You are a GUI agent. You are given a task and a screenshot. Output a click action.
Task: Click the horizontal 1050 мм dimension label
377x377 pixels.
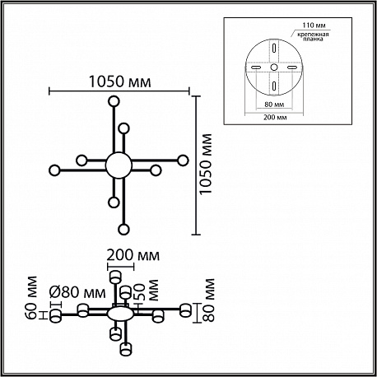click(x=120, y=81)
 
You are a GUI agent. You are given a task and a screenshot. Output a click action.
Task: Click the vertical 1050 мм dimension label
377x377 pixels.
click(x=206, y=165)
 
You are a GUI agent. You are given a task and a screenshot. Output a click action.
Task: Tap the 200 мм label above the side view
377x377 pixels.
click(x=133, y=255)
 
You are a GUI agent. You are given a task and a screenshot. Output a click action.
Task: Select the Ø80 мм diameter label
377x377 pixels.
click(x=77, y=292)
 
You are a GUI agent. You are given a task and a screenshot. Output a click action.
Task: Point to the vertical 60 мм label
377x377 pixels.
click(x=32, y=298)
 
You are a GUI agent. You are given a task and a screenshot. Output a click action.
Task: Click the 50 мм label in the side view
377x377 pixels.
click(x=147, y=291)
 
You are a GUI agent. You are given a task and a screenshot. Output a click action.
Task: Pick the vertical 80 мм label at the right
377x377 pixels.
click(x=207, y=300)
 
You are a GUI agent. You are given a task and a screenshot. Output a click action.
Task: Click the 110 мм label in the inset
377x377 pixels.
click(x=314, y=26)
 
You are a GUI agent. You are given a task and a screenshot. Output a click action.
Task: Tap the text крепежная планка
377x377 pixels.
click(x=314, y=37)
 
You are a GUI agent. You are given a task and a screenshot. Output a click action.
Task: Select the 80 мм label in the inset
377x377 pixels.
click(x=274, y=105)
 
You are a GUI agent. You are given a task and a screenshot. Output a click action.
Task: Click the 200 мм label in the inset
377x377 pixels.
click(x=275, y=118)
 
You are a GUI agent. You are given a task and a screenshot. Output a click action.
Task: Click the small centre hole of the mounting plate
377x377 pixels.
click(x=274, y=67)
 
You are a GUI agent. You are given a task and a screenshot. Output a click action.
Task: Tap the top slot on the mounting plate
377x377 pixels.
click(x=274, y=49)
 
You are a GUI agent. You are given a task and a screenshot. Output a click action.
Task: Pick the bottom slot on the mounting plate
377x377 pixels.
click(x=274, y=86)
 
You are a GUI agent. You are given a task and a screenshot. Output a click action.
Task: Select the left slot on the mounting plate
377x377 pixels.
click(x=256, y=67)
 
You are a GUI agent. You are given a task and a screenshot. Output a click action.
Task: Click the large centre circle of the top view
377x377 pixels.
click(x=119, y=165)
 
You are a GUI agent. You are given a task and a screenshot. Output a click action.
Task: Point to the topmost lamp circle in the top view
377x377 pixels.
click(x=114, y=101)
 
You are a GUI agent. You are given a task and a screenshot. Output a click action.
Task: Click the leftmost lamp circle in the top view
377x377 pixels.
click(x=54, y=170)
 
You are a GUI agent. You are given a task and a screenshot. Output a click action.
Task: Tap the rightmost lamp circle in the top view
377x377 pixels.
click(x=183, y=161)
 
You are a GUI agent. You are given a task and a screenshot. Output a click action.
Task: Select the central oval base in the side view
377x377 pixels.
click(x=120, y=314)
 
